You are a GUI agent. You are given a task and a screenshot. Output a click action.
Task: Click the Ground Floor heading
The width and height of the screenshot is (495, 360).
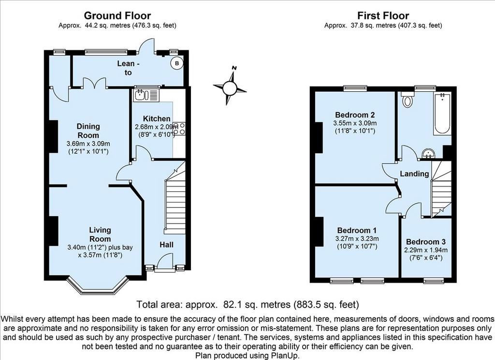[x=117, y=15]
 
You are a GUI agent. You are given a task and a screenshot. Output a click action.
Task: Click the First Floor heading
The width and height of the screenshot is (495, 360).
[x=383, y=15]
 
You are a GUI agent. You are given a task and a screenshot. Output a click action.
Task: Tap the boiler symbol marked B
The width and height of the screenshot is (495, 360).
[x=177, y=63]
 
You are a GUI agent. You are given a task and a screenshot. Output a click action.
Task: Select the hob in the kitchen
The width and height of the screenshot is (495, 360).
[x=179, y=129]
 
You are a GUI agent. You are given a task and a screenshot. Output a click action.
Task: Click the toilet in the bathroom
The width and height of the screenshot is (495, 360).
[x=407, y=100]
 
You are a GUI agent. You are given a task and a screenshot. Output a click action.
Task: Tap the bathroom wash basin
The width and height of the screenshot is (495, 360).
[x=428, y=154]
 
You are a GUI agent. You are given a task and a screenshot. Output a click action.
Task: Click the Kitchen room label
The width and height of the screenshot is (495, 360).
[x=157, y=119]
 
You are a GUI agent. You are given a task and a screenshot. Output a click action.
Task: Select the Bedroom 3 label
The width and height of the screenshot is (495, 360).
[x=426, y=242]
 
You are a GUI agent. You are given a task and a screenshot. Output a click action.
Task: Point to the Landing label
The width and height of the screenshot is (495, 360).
[x=414, y=173]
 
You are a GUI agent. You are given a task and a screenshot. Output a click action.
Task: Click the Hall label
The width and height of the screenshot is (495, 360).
[x=166, y=245]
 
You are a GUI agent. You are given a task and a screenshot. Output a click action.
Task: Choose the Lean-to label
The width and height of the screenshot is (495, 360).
[x=128, y=68]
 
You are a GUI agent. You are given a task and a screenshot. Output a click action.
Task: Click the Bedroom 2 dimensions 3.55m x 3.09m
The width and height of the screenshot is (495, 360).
[x=355, y=123]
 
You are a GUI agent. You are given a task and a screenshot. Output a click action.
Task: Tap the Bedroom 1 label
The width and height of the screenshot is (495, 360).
[x=357, y=230]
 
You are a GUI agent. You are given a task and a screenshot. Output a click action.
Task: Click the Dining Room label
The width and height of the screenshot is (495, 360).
[x=88, y=130]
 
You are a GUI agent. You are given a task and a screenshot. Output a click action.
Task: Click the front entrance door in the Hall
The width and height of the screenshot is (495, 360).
[x=164, y=263]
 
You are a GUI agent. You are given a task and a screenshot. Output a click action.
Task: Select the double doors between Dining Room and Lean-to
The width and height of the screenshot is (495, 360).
[x=94, y=82]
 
